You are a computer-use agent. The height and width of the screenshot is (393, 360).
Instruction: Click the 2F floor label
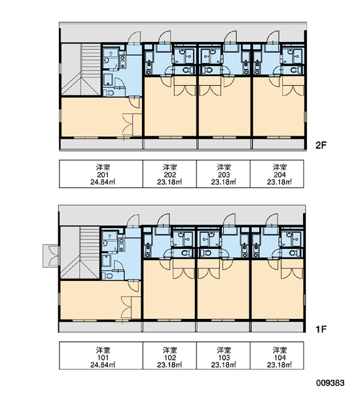tap(321, 145)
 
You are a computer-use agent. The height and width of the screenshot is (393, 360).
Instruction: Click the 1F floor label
tap(321, 329)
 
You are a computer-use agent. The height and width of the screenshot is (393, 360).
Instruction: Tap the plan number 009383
tap(330, 383)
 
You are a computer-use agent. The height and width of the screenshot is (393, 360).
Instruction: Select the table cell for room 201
tap(101, 174)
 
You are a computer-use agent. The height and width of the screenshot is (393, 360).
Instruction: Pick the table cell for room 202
tap(170, 174)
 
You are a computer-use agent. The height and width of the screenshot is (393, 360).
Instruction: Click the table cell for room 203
tap(223, 174)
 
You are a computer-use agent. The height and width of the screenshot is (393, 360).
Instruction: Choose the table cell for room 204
tap(277, 174)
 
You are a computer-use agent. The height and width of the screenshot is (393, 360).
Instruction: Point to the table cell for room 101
tap(101, 356)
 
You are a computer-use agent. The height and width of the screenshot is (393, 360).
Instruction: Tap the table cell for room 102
tap(170, 356)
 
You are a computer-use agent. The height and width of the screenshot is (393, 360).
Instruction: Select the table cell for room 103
tap(223, 356)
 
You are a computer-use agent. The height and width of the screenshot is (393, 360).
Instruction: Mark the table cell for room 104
tap(277, 356)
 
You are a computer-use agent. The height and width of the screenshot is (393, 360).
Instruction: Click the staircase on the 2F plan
tap(81, 69)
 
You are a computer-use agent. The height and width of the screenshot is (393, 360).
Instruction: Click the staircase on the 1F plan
tap(80, 253)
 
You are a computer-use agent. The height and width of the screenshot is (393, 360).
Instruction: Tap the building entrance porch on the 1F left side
tap(51, 256)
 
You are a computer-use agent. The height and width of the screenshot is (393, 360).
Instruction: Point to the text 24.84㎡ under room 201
tap(103, 182)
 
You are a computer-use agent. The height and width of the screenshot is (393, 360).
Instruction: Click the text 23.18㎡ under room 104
tap(279, 365)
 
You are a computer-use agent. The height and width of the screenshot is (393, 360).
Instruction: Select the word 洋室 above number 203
tap(224, 167)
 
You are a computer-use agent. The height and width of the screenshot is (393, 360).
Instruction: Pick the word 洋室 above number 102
tap(170, 350)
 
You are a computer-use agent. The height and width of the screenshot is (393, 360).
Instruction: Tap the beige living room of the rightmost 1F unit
tap(278, 293)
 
